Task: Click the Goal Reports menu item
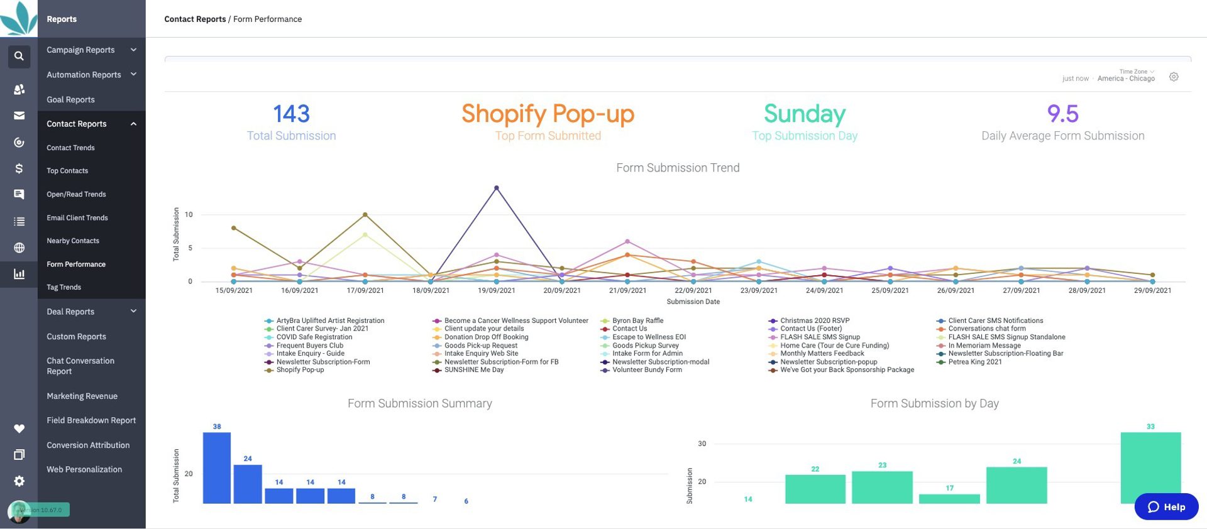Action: click(70, 99)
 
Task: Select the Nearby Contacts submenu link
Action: click(73, 241)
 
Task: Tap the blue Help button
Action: click(1166, 507)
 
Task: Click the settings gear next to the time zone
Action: click(1174, 77)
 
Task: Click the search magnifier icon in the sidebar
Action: click(19, 56)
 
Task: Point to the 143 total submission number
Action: click(291, 114)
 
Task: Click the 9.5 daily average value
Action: click(1062, 114)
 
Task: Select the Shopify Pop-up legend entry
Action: click(300, 370)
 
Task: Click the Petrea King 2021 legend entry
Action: click(974, 362)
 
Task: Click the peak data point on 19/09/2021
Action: click(497, 188)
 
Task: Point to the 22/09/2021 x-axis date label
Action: click(693, 290)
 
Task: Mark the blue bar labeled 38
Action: click(217, 467)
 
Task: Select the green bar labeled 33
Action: click(1150, 467)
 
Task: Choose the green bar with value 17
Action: click(949, 499)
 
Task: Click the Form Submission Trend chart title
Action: click(678, 168)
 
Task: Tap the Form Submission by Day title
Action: click(934, 403)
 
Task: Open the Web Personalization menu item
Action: click(84, 469)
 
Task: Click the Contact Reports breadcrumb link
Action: click(195, 19)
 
